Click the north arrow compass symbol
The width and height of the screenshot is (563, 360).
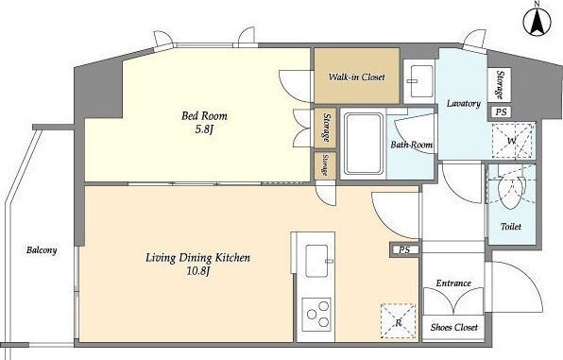click(537, 22)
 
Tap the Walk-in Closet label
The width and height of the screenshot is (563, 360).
click(356, 77)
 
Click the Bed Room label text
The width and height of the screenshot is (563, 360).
click(204, 115)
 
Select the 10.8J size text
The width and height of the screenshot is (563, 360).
click(197, 271)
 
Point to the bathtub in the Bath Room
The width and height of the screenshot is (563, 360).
click(364, 143)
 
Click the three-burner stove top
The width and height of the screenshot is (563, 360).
click(316, 315)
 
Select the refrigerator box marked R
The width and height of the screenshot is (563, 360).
click(399, 321)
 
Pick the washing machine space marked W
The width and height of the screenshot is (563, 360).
click(512, 141)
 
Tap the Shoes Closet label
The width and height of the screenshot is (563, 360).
click(454, 327)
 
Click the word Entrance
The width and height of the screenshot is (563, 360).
click(453, 283)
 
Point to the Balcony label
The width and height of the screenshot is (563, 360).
click(42, 250)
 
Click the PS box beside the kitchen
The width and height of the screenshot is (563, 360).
click(404, 249)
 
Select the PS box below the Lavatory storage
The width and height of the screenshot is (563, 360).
click(502, 111)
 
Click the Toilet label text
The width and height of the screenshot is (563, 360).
click(511, 227)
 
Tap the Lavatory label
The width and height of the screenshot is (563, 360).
click(464, 104)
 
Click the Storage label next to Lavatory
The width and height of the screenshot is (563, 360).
click(500, 85)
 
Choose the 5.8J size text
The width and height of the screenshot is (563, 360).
click(204, 129)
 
